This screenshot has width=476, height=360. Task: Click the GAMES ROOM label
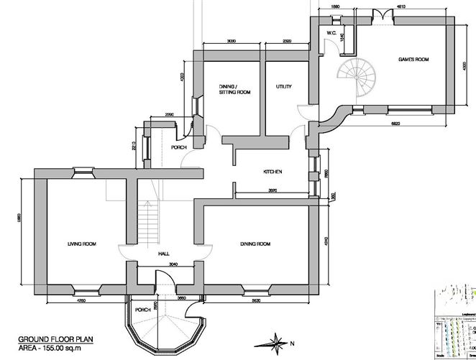point(413,59)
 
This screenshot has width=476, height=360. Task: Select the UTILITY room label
point(283,86)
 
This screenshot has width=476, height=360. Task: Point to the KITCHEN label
point(272,172)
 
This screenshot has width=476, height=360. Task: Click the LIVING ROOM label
point(82,244)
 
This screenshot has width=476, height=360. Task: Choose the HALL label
point(165,254)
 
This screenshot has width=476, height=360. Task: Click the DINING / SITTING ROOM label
point(234,89)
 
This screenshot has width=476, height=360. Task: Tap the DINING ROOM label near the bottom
point(255,244)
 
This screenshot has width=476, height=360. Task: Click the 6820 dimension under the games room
point(395,124)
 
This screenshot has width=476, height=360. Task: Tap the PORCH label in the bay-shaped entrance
point(142,310)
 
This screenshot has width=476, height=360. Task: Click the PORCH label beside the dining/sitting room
point(178,147)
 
